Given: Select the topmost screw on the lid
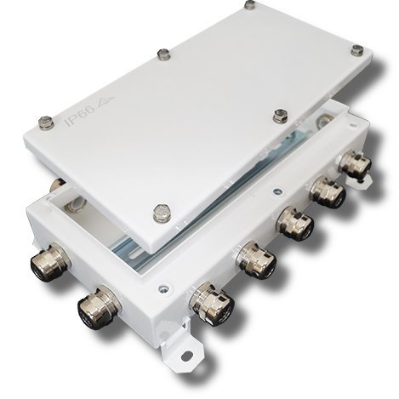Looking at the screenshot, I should pyautogui.click(x=248, y=6).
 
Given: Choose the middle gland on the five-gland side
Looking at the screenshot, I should pyautogui.click(x=294, y=223).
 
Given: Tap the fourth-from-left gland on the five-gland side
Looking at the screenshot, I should pyautogui.click(x=328, y=192).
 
